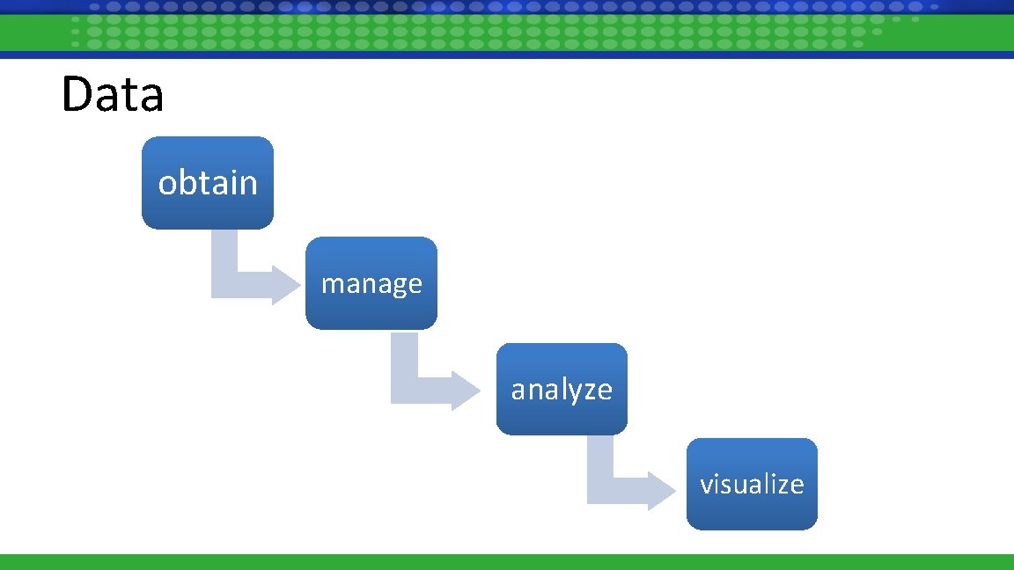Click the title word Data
tap(113, 95)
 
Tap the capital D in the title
tap(77, 95)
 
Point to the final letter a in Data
tap(152, 99)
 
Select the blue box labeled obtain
tap(208, 183)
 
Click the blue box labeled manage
tap(371, 283)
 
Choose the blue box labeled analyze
tap(562, 389)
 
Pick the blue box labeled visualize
tap(752, 484)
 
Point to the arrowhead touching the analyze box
tap(465, 389)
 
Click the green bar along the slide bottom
tap(507, 562)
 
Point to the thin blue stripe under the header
tap(507, 55)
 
